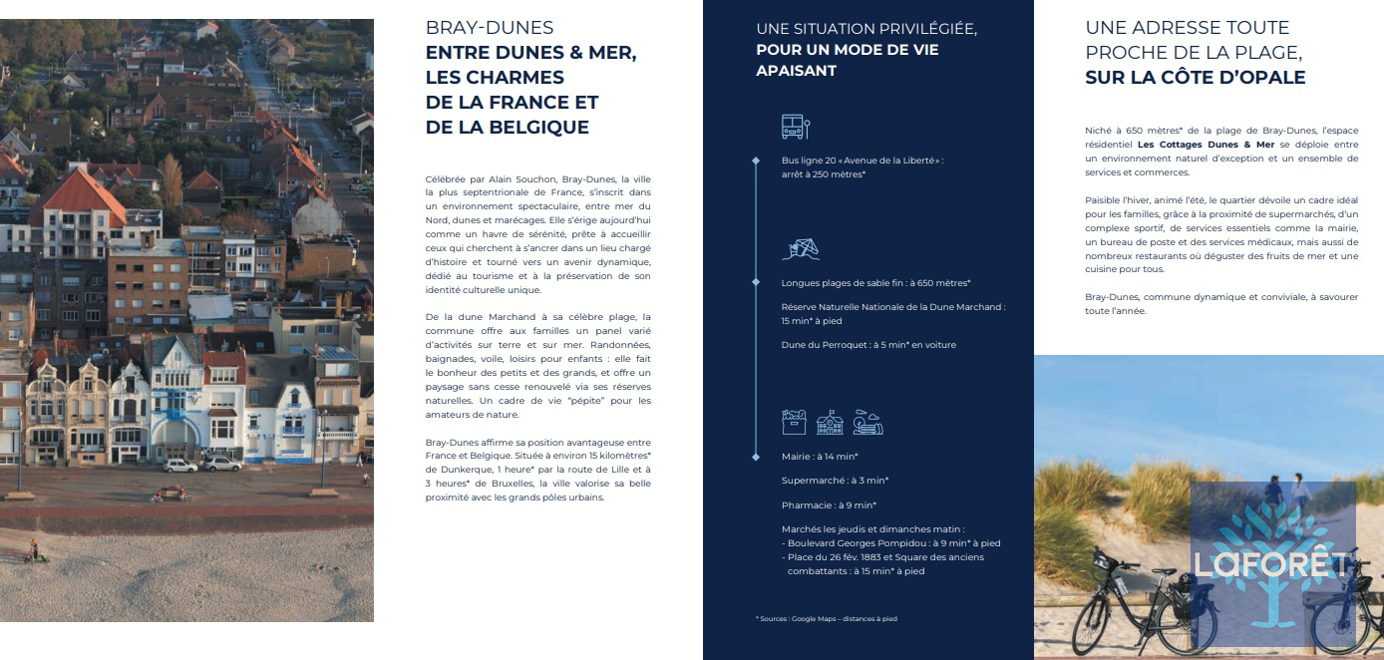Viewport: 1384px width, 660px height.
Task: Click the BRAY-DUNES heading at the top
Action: [x=490, y=28]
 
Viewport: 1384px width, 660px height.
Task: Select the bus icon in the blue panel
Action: [x=794, y=127]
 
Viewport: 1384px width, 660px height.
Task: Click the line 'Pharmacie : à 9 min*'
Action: [x=829, y=504]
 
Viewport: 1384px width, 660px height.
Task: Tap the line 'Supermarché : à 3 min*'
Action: [x=835, y=481]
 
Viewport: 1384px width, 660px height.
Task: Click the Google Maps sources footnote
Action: [x=827, y=619]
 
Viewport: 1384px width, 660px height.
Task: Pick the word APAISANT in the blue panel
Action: [x=796, y=71]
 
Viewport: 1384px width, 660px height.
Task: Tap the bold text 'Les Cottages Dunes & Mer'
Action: [x=1206, y=145]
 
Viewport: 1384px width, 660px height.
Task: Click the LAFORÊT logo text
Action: [x=1271, y=564]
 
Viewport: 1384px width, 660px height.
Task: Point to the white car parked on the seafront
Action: [x=180, y=465]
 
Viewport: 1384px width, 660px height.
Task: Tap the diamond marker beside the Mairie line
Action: [x=756, y=456]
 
